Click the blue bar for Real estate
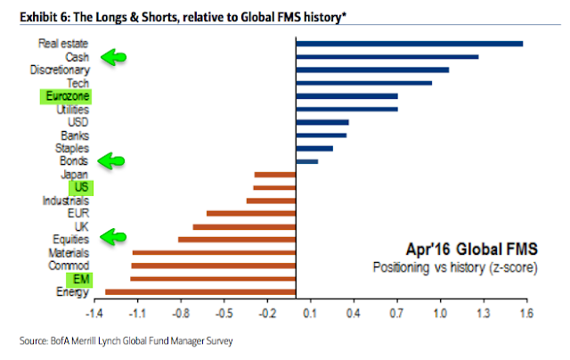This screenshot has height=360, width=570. pos(409,43)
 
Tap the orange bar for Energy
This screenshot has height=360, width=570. pos(200,291)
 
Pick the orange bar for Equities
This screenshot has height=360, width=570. pos(237,239)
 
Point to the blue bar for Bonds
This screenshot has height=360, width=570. pos(306,161)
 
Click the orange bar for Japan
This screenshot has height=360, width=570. pos(275,175)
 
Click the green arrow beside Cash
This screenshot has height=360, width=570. pos(112,57)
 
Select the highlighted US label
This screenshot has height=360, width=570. pos(79,187)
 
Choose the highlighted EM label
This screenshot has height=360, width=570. pos(78,279)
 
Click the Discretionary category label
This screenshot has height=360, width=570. pos(60,70)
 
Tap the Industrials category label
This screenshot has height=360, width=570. pos(65,200)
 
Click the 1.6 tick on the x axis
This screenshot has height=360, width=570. pos(525,314)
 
